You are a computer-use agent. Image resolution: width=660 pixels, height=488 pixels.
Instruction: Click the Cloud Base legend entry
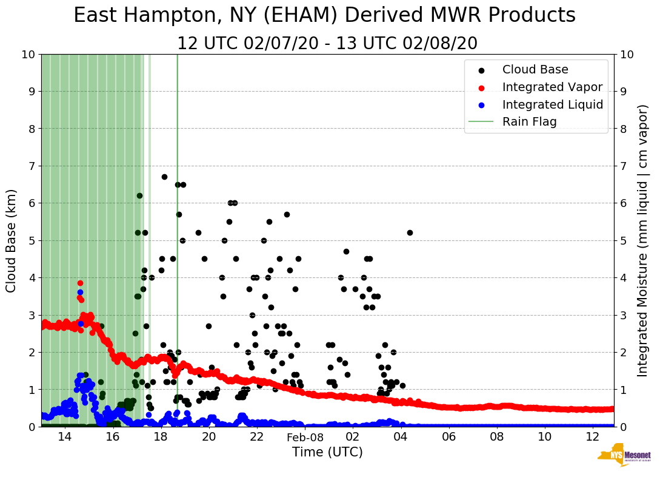535,70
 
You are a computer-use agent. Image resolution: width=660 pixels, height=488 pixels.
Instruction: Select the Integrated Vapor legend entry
552,87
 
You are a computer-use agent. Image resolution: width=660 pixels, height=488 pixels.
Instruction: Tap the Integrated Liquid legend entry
552,104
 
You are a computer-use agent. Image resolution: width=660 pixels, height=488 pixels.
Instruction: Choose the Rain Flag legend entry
529,121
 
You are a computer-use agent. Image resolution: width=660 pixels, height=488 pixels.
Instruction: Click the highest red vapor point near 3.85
80,283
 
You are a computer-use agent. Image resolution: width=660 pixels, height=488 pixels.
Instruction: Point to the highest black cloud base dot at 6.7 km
164,177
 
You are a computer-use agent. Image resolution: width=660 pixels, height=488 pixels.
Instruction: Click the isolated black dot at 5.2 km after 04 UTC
410,232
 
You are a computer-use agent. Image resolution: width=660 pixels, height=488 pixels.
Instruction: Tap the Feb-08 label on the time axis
305,437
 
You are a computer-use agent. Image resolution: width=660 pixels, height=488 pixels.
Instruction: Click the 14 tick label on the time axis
65,437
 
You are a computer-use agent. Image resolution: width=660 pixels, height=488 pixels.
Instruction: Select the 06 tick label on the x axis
449,437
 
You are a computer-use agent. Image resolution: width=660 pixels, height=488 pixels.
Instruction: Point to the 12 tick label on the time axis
593,437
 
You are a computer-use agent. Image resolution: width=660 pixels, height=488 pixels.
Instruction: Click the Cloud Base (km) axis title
12,240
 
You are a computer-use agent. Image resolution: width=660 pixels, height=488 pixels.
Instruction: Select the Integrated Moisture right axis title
642,240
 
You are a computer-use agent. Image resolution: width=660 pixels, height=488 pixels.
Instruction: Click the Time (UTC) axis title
327,452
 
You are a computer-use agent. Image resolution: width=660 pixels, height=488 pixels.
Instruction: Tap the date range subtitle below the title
327,44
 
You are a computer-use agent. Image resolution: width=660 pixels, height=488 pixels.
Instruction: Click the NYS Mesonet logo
624,456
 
